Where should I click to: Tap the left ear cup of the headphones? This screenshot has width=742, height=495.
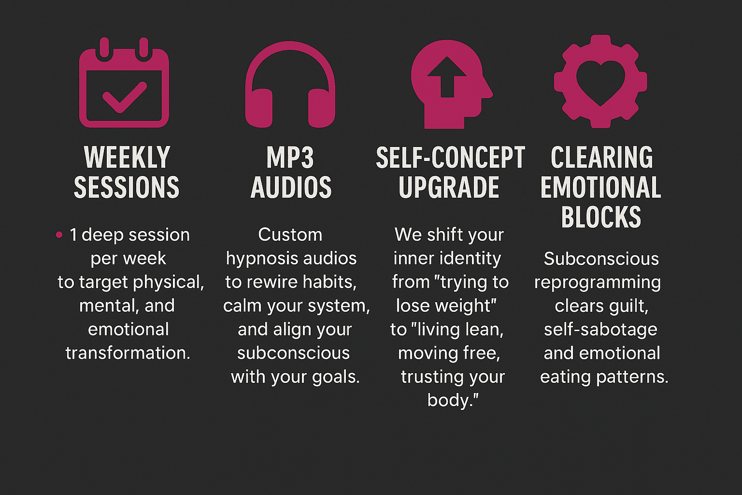[x=259, y=108]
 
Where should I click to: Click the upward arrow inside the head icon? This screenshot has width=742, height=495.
[x=447, y=77]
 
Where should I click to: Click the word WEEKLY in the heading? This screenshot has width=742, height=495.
[x=127, y=157]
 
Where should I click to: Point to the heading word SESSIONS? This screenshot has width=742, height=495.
[x=127, y=188]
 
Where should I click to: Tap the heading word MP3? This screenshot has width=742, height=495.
[x=290, y=157]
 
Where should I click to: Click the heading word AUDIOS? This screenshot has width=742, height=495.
[x=291, y=188]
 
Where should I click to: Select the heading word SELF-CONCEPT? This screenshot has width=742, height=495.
[x=451, y=157]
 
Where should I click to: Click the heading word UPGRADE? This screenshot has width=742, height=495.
[x=449, y=188]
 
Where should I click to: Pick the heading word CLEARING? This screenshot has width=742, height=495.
[x=601, y=157]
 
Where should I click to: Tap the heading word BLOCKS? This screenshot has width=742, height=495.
[x=601, y=217]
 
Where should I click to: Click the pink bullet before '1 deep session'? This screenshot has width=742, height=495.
[x=59, y=235]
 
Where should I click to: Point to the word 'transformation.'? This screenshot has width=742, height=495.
[x=128, y=353]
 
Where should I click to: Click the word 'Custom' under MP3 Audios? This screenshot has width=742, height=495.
[x=290, y=235]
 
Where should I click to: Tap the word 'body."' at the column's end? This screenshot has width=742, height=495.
[x=453, y=401]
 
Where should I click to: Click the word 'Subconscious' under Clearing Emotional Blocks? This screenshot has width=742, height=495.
[x=601, y=259]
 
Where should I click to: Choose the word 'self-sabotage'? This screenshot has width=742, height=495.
[x=600, y=330]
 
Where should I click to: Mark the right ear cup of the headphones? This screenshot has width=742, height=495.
[x=322, y=108]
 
